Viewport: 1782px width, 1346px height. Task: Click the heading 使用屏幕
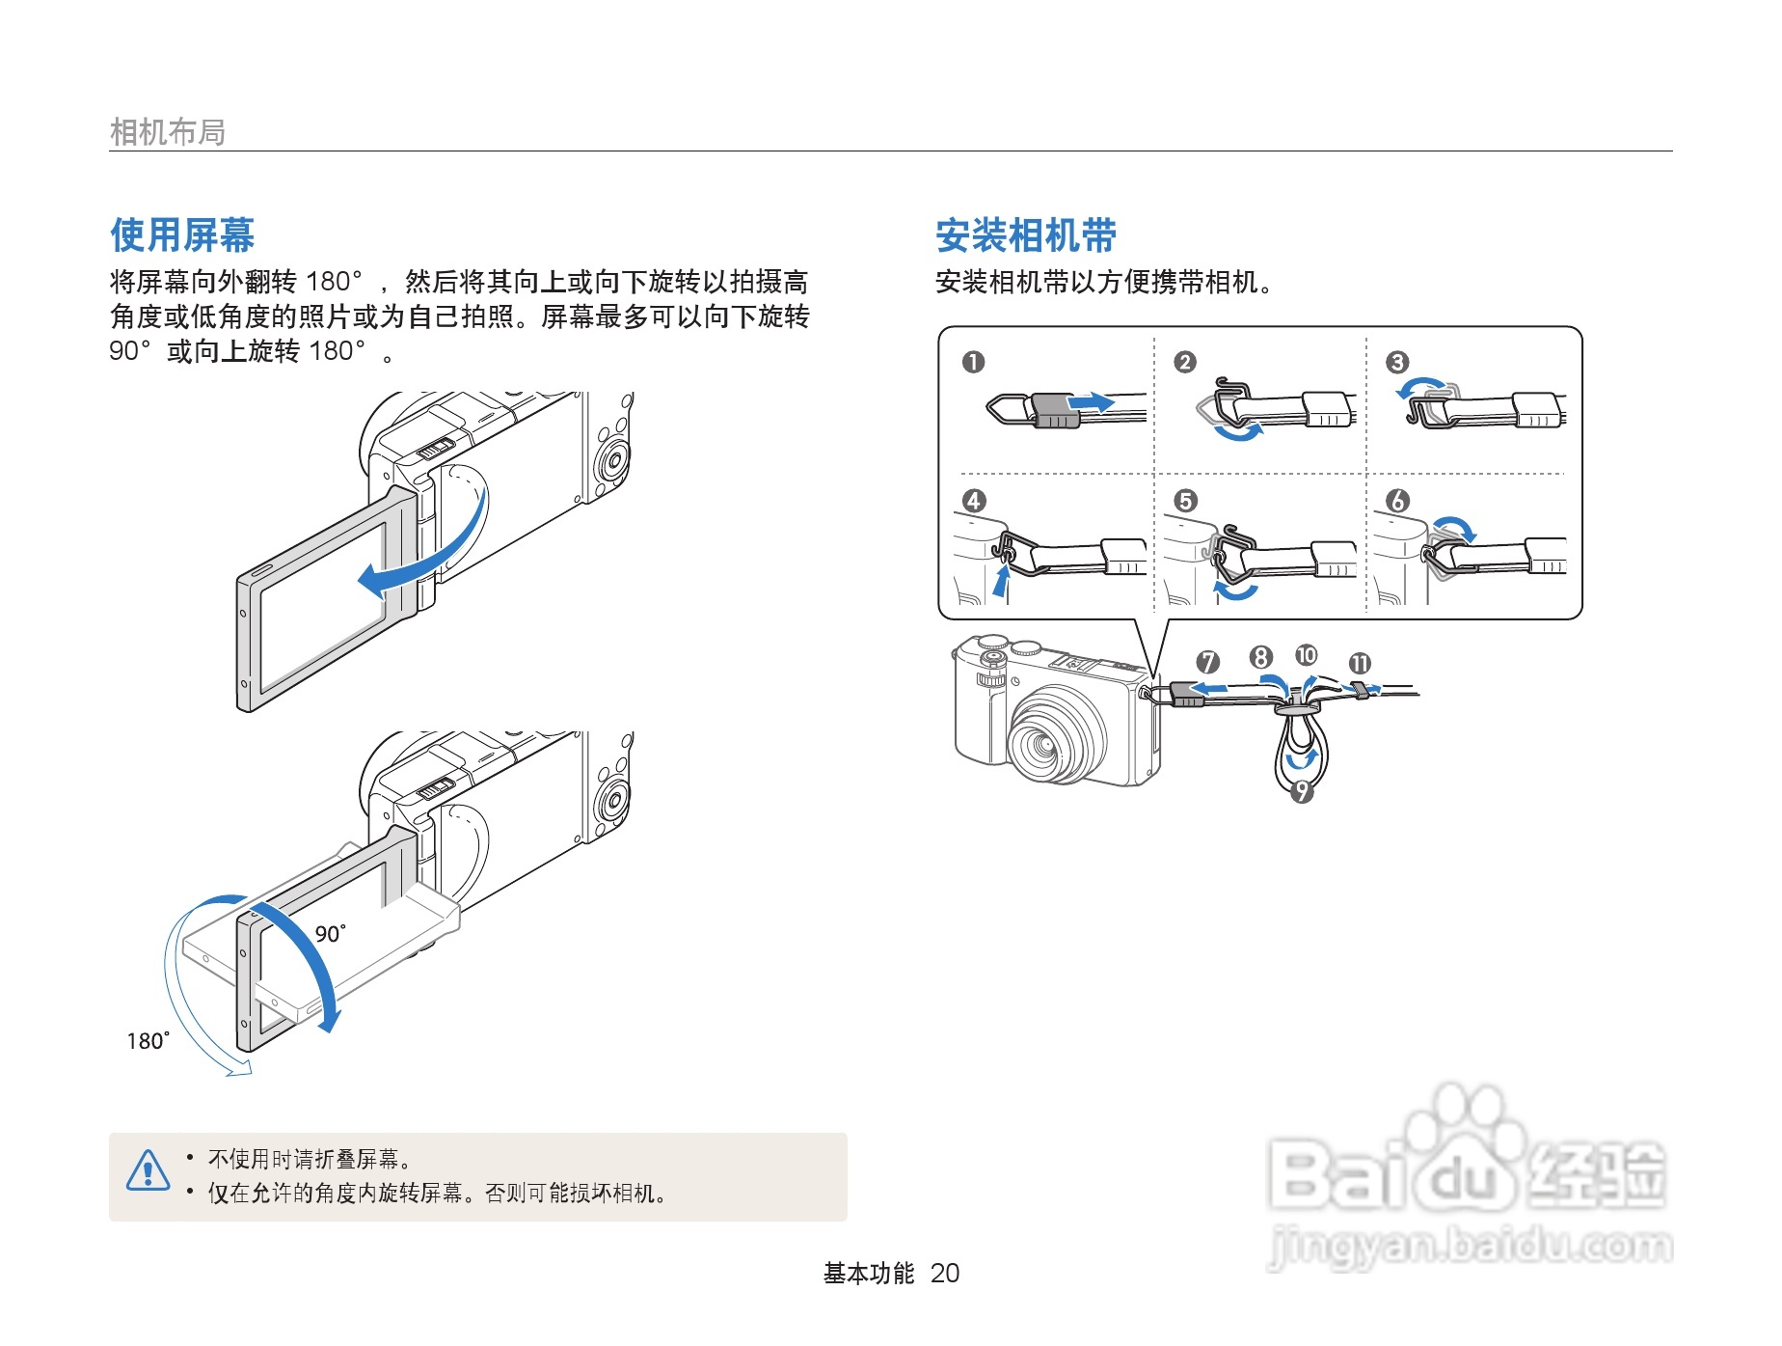pos(182,234)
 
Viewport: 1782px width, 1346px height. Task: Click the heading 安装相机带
pos(1025,235)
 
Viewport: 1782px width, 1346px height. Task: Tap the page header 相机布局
pos(167,132)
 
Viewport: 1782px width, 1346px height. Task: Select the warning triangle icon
pos(148,1170)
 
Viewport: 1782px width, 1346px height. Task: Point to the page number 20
pos(945,1274)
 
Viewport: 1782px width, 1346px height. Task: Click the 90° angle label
pos(330,933)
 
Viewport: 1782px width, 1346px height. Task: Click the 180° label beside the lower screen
pos(148,1040)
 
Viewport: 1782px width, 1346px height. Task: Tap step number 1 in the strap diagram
pos(973,362)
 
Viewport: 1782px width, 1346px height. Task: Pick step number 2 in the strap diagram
pos(1185,362)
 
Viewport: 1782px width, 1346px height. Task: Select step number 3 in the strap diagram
pos(1397,362)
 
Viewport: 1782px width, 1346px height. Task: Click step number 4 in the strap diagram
pos(973,501)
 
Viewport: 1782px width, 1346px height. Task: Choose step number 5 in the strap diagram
pos(1185,501)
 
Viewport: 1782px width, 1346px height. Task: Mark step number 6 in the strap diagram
pos(1397,501)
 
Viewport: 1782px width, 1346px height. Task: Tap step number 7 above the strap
pos(1207,662)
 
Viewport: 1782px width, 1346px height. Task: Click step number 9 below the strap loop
pos(1302,791)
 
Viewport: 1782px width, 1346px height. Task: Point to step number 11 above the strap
pos(1360,663)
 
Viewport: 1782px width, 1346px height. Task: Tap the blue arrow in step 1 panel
pos(1093,401)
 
